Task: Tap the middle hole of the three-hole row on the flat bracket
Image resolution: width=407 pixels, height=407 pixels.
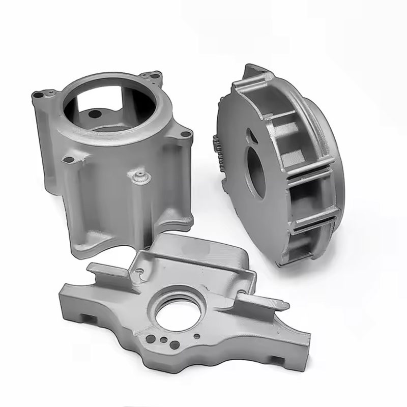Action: pos(161,340)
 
